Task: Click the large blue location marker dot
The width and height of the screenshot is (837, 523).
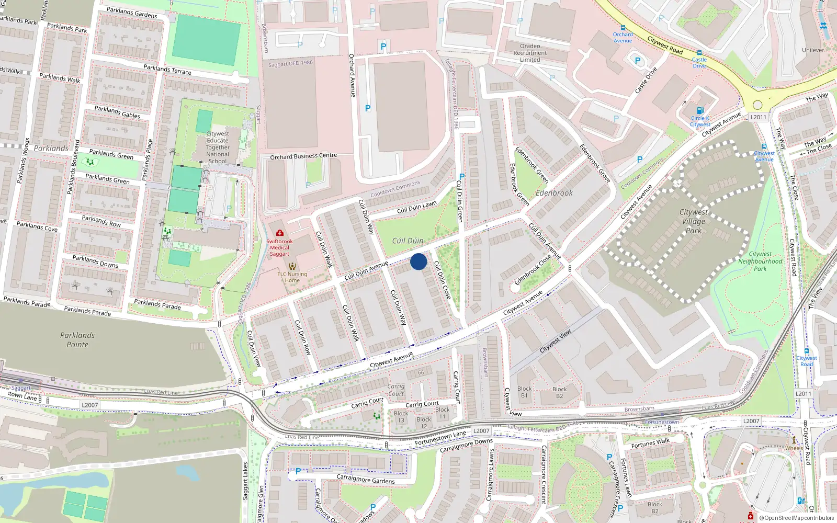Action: tap(418, 261)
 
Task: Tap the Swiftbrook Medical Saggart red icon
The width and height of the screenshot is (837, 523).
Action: tap(280, 233)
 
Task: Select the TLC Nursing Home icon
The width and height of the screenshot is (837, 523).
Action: tap(292, 266)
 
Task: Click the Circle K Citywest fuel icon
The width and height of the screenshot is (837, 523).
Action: tap(700, 110)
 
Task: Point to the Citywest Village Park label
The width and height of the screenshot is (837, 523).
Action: tap(694, 221)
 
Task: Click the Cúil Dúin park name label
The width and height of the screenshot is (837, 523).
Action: tap(408, 241)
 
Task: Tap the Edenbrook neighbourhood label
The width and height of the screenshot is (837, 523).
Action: tap(554, 193)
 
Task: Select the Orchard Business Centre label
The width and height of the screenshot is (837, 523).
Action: tap(303, 156)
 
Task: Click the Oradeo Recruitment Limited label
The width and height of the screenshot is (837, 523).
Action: tap(530, 53)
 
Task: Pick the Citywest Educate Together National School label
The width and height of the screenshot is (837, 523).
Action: tap(218, 147)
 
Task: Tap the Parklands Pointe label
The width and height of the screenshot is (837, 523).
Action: tap(77, 340)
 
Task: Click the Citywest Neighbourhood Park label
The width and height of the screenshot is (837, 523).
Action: tap(760, 261)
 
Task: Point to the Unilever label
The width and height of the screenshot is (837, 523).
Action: tap(813, 50)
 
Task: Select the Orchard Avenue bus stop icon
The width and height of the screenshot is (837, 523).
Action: tap(623, 28)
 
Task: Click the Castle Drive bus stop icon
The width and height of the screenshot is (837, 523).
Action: tap(699, 53)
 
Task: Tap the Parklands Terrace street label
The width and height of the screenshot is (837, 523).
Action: tap(167, 69)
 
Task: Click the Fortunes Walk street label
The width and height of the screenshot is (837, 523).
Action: tap(650, 444)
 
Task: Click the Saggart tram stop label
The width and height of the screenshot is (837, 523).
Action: tap(21, 388)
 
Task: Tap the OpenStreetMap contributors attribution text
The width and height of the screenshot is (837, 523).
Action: tap(797, 518)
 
